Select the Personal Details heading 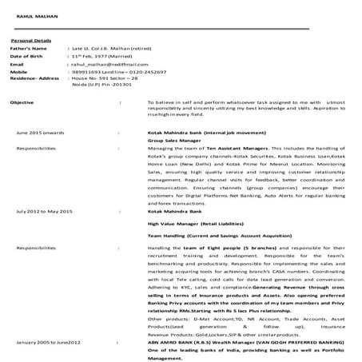click(x=30, y=40)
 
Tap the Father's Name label click(x=27, y=49)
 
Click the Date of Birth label click(x=26, y=57)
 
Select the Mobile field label click(x=19, y=72)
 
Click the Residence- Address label click(x=35, y=78)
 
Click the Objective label click(x=21, y=103)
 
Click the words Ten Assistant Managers click(x=241, y=148)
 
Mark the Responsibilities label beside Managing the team click(x=36, y=148)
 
